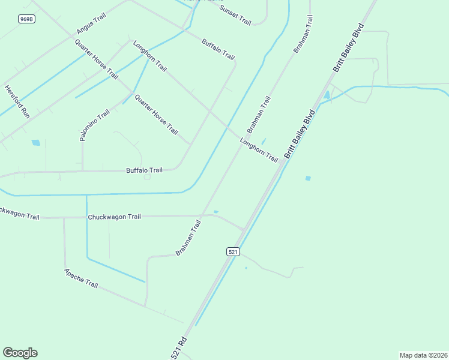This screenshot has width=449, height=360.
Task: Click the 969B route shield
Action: click(26, 19)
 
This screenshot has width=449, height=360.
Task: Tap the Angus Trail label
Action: click(91, 23)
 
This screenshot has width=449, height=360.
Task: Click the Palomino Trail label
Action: click(95, 125)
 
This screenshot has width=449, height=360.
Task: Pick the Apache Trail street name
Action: click(80, 277)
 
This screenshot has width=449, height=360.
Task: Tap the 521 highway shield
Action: click(234, 252)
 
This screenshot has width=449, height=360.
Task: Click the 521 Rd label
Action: click(179, 348)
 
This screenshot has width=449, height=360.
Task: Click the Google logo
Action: click(20, 353)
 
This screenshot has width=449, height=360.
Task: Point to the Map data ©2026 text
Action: click(423, 355)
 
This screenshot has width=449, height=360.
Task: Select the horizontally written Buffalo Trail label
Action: click(144, 170)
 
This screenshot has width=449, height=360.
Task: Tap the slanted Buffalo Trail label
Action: click(218, 49)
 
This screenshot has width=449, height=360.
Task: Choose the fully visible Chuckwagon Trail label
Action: click(114, 217)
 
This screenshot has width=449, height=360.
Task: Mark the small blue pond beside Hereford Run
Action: click(35, 143)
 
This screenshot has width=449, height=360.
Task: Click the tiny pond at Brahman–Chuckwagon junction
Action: click(215, 211)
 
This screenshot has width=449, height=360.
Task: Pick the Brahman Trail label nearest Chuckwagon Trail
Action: click(188, 238)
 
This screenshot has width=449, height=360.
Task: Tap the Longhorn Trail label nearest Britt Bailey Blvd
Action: click(259, 150)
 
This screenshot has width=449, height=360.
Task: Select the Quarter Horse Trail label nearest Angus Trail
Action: click(96, 59)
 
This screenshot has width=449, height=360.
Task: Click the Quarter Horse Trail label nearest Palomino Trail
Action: click(156, 115)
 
